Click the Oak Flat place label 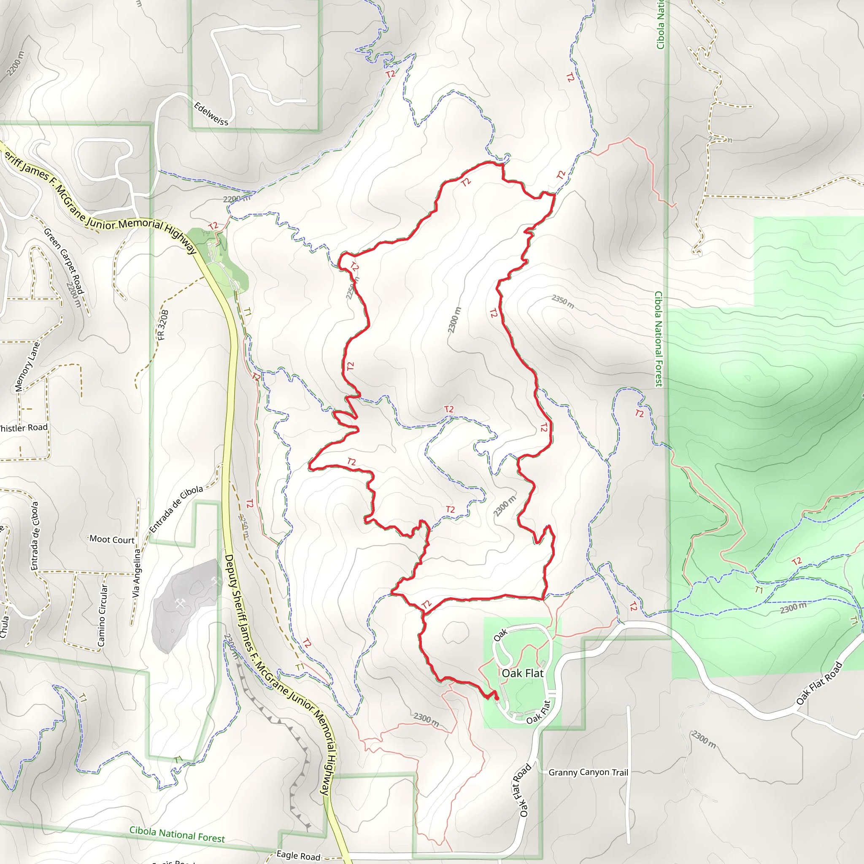(522, 673)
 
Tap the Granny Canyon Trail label (588, 772)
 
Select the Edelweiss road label (211, 113)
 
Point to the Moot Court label (112, 539)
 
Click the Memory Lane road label (27, 367)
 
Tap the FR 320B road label (163, 325)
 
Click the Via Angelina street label (136, 573)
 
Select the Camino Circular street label (103, 616)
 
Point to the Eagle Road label (298, 855)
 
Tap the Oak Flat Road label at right (819, 683)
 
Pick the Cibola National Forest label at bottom (177, 834)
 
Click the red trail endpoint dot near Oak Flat (497, 698)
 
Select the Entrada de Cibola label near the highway (176, 509)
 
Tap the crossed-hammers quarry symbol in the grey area (180, 604)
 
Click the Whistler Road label (23, 427)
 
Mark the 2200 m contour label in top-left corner (15, 63)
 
